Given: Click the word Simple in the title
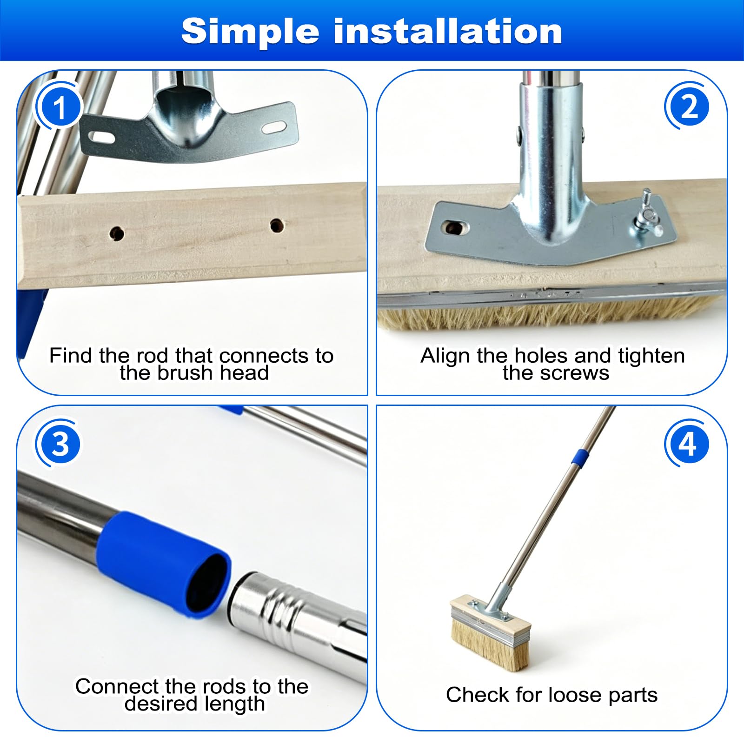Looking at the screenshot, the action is pyautogui.click(x=250, y=32).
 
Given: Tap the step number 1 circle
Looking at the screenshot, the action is pyautogui.click(x=60, y=107).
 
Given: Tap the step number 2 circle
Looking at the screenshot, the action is pyautogui.click(x=689, y=107).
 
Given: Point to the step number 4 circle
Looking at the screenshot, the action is pyautogui.click(x=688, y=444).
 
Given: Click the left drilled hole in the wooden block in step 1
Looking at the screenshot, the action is pyautogui.click(x=116, y=233).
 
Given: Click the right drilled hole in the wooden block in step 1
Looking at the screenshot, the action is pyautogui.click(x=277, y=226).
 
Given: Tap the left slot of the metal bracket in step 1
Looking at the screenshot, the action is pyautogui.click(x=102, y=137).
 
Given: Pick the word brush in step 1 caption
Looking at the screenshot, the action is pyautogui.click(x=186, y=373).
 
